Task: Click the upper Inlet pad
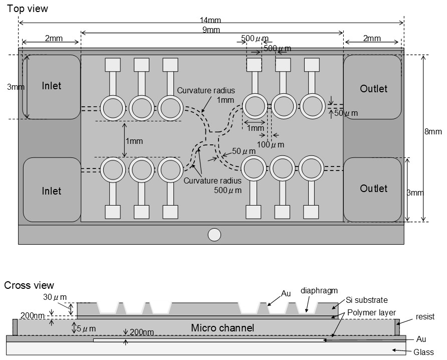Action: tap(52, 86)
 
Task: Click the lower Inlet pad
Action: tap(52, 191)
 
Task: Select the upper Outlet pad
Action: tap(373, 89)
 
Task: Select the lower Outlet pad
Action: tap(373, 189)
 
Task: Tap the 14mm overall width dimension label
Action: tap(211, 21)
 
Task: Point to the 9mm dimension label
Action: tap(211, 30)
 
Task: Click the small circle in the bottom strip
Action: tap(214, 234)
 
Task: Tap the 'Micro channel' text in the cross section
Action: tap(222, 328)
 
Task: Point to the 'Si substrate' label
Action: tap(367, 300)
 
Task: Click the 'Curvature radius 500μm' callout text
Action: tap(212, 186)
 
